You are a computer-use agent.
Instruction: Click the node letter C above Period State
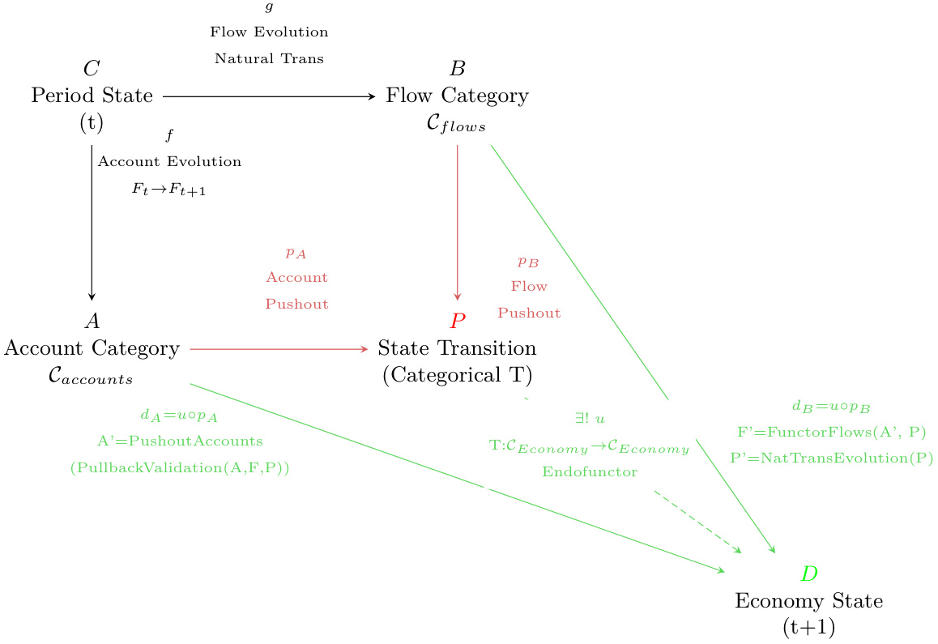[92, 69]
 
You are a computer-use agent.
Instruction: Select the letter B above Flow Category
[458, 69]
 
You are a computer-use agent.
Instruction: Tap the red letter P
[458, 322]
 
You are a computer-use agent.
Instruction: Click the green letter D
[808, 574]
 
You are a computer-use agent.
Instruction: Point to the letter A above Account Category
[92, 322]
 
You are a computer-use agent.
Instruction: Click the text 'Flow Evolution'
[269, 32]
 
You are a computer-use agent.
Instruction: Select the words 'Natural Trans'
[269, 58]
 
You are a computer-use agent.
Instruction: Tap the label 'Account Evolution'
[169, 161]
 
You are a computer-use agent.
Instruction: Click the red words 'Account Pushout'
[296, 291]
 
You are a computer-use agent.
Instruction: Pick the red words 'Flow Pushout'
[529, 299]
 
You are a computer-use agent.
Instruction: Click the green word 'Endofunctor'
[589, 471]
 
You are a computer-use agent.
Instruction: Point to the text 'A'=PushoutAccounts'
[180, 441]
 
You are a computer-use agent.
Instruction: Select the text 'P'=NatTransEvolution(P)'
[831, 458]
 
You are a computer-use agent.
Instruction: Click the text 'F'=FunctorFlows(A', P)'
[831, 432]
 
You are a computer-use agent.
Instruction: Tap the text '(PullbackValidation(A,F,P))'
[180, 467]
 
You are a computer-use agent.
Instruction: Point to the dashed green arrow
[697, 522]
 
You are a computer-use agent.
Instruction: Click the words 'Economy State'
[808, 601]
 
